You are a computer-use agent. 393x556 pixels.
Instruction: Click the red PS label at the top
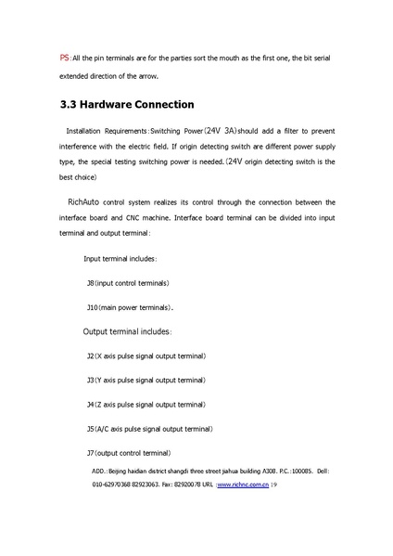(64, 58)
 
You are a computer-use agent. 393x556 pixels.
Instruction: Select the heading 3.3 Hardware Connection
(126, 105)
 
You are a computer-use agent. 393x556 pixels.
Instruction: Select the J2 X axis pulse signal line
(146, 356)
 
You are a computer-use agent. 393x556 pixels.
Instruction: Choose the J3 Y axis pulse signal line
(146, 380)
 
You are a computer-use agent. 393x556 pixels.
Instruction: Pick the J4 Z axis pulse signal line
(146, 405)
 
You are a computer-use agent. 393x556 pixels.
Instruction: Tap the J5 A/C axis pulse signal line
(149, 429)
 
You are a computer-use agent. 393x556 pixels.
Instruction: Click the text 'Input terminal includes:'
(120, 258)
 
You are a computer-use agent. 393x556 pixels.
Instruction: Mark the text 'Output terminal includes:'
(127, 331)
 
